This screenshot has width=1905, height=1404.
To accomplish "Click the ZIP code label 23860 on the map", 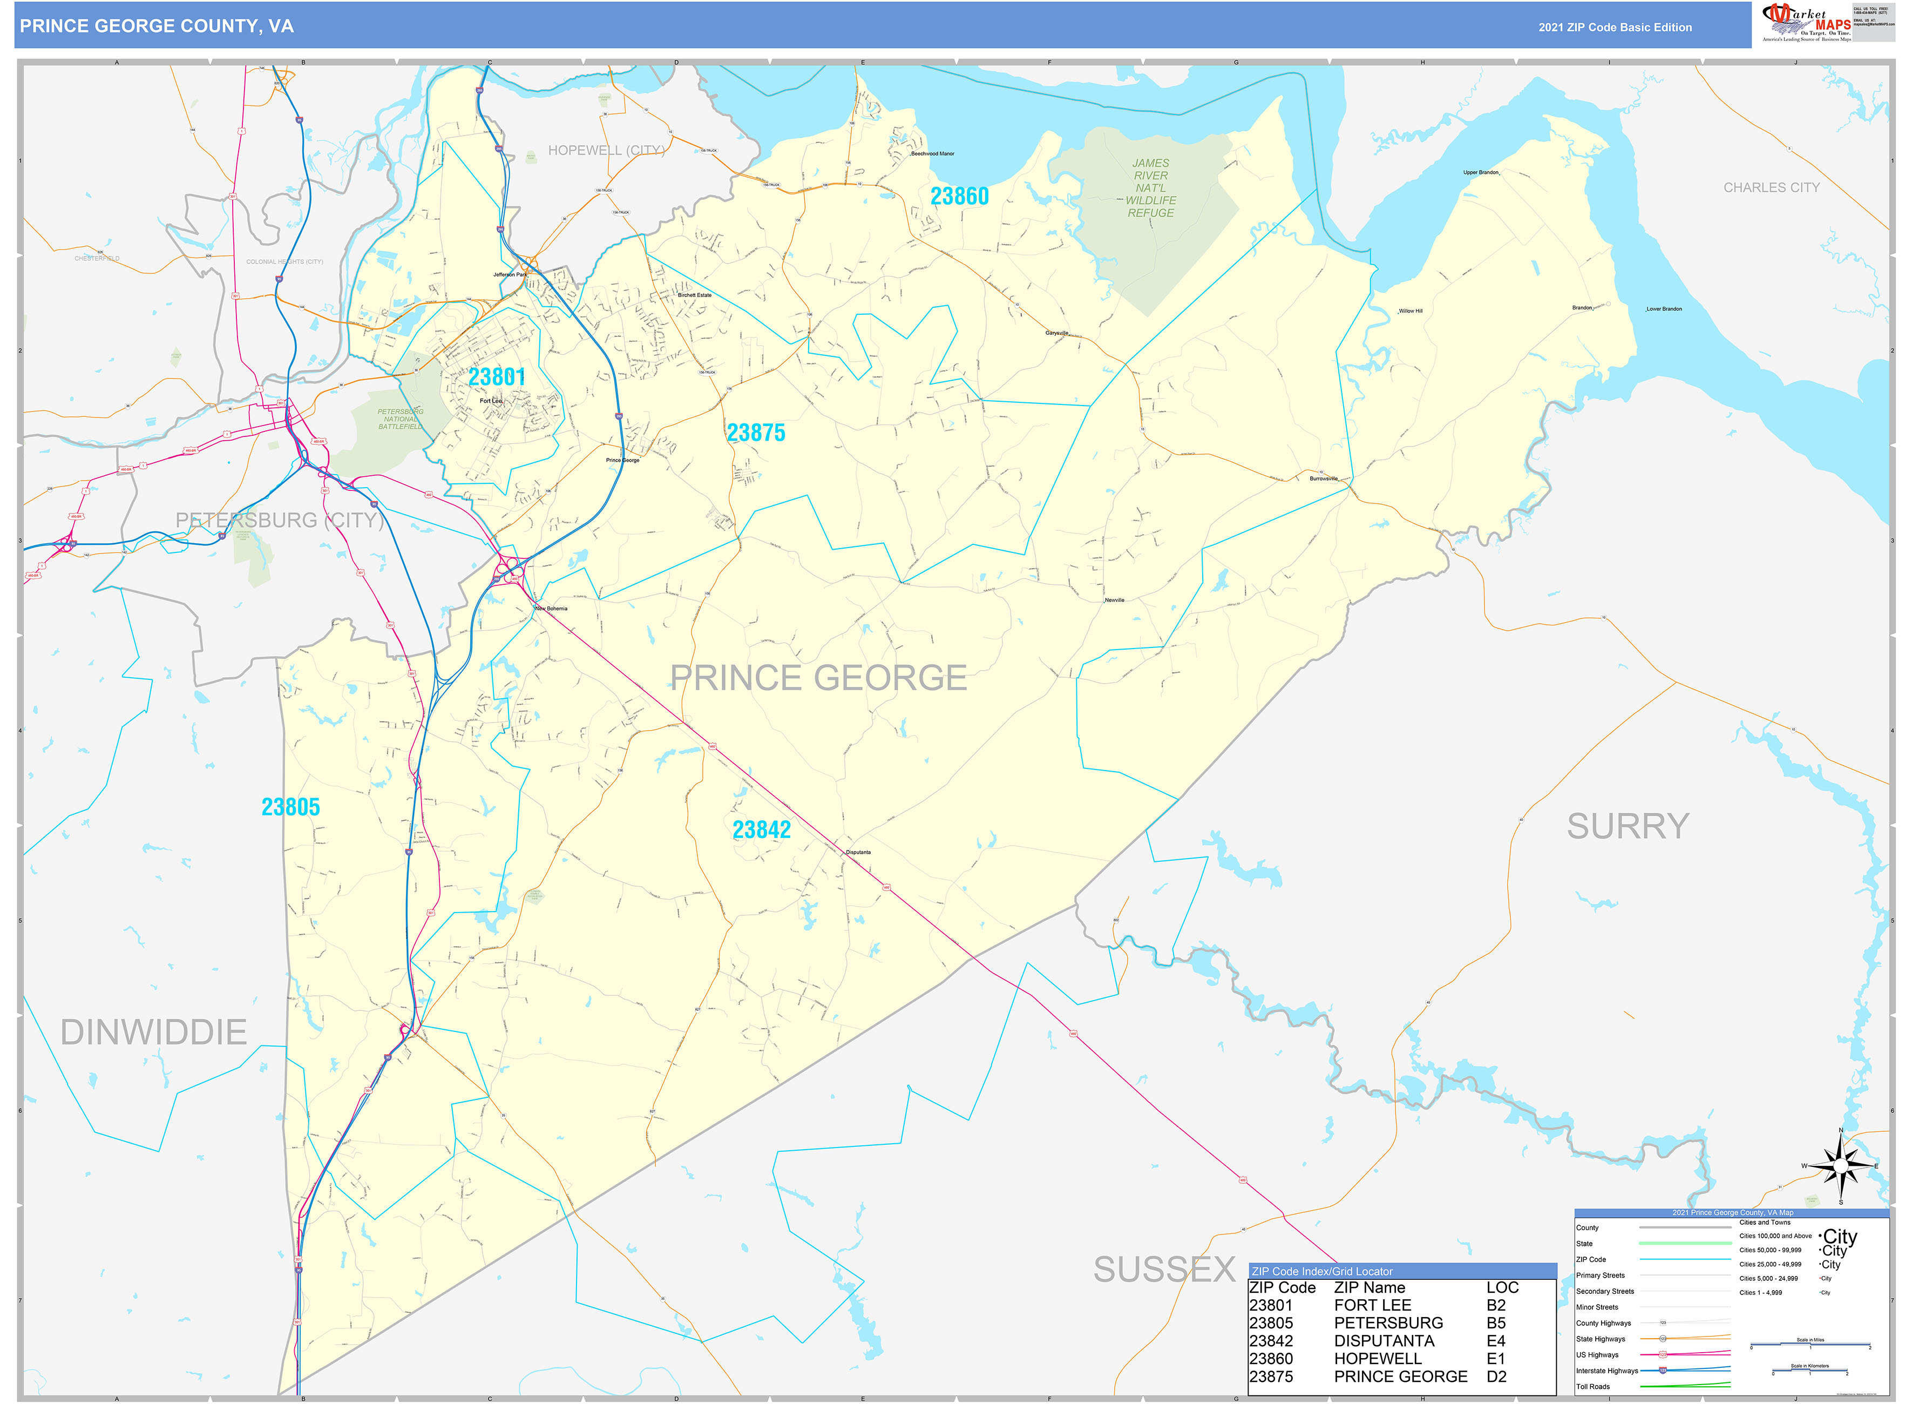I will point(959,197).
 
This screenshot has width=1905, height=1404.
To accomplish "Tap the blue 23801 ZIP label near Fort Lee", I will point(497,376).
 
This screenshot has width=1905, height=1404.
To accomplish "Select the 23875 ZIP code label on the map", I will point(755,433).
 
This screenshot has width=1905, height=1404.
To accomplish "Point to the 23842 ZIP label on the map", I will point(761,829).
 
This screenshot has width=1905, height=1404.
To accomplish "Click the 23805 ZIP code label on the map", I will point(290,807).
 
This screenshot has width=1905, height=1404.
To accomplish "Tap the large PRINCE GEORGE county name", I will point(818,677).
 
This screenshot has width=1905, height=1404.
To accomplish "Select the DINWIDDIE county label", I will point(154,1032).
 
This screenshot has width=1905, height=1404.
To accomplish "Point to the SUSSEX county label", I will point(1164,1269).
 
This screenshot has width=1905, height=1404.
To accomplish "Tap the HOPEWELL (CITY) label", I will point(606,151).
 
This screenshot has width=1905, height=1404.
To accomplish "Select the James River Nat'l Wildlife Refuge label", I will point(1150,188).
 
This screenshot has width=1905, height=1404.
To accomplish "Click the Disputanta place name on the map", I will point(858,852).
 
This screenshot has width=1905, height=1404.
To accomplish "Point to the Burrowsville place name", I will point(1323,478).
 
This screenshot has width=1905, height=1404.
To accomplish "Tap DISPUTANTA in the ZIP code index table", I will point(1384,1340).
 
